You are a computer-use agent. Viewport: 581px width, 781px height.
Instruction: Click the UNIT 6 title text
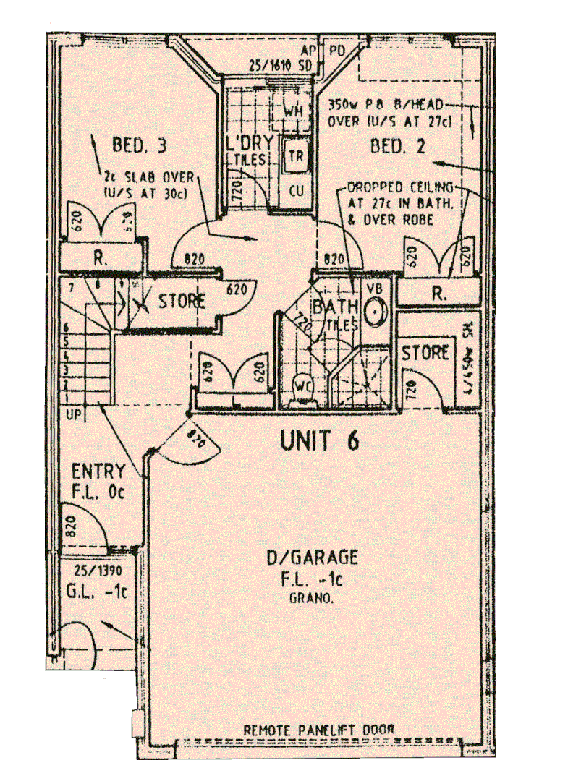(319, 440)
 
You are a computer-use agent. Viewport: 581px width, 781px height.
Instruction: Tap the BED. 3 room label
(140, 145)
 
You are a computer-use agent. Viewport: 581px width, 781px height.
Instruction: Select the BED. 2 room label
(398, 147)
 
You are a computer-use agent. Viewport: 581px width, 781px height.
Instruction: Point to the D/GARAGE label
(312, 558)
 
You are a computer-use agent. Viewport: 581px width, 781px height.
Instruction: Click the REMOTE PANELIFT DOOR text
(319, 730)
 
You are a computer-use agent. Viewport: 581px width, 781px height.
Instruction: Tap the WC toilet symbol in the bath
(303, 386)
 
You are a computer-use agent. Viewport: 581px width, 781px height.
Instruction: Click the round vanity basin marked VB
(375, 312)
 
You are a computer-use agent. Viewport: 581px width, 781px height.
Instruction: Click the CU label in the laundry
(297, 190)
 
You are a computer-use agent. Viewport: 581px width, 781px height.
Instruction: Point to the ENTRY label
(98, 472)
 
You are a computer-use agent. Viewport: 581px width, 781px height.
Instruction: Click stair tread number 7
(72, 289)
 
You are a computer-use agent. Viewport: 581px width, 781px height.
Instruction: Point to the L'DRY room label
(251, 142)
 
